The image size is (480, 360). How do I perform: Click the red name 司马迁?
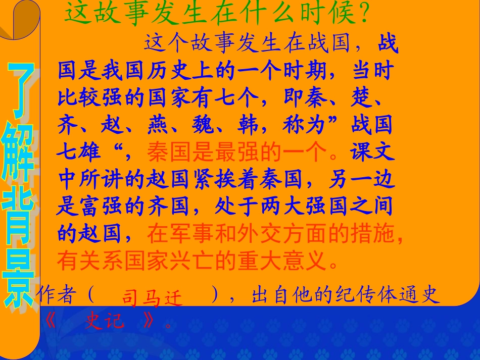pyautogui.click(x=151, y=298)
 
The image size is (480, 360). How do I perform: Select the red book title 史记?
pyautogui.click(x=104, y=321)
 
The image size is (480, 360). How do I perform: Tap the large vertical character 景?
pyautogui.click(x=20, y=283)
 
